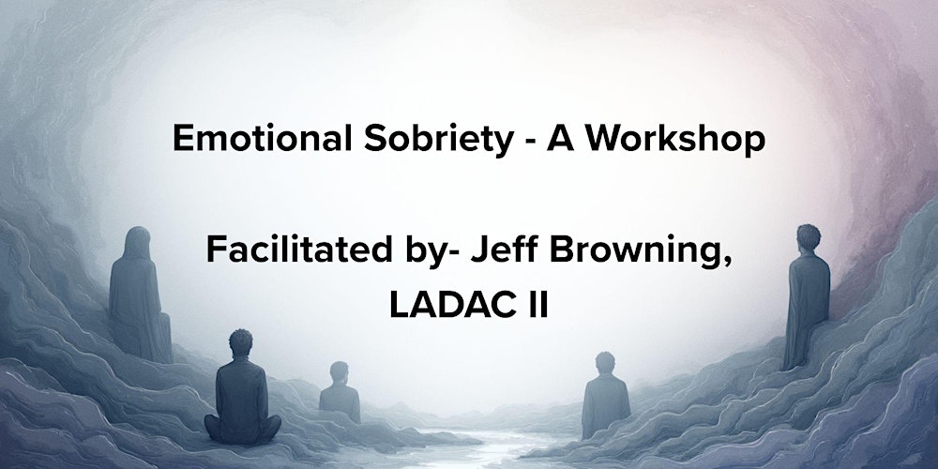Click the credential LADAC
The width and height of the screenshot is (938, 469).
point(444,307)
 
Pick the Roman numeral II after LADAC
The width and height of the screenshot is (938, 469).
point(536,307)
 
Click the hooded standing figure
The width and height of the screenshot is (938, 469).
point(138,295)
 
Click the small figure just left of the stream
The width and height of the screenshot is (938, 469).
point(340,394)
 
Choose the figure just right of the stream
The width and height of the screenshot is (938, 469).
point(604,399)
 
